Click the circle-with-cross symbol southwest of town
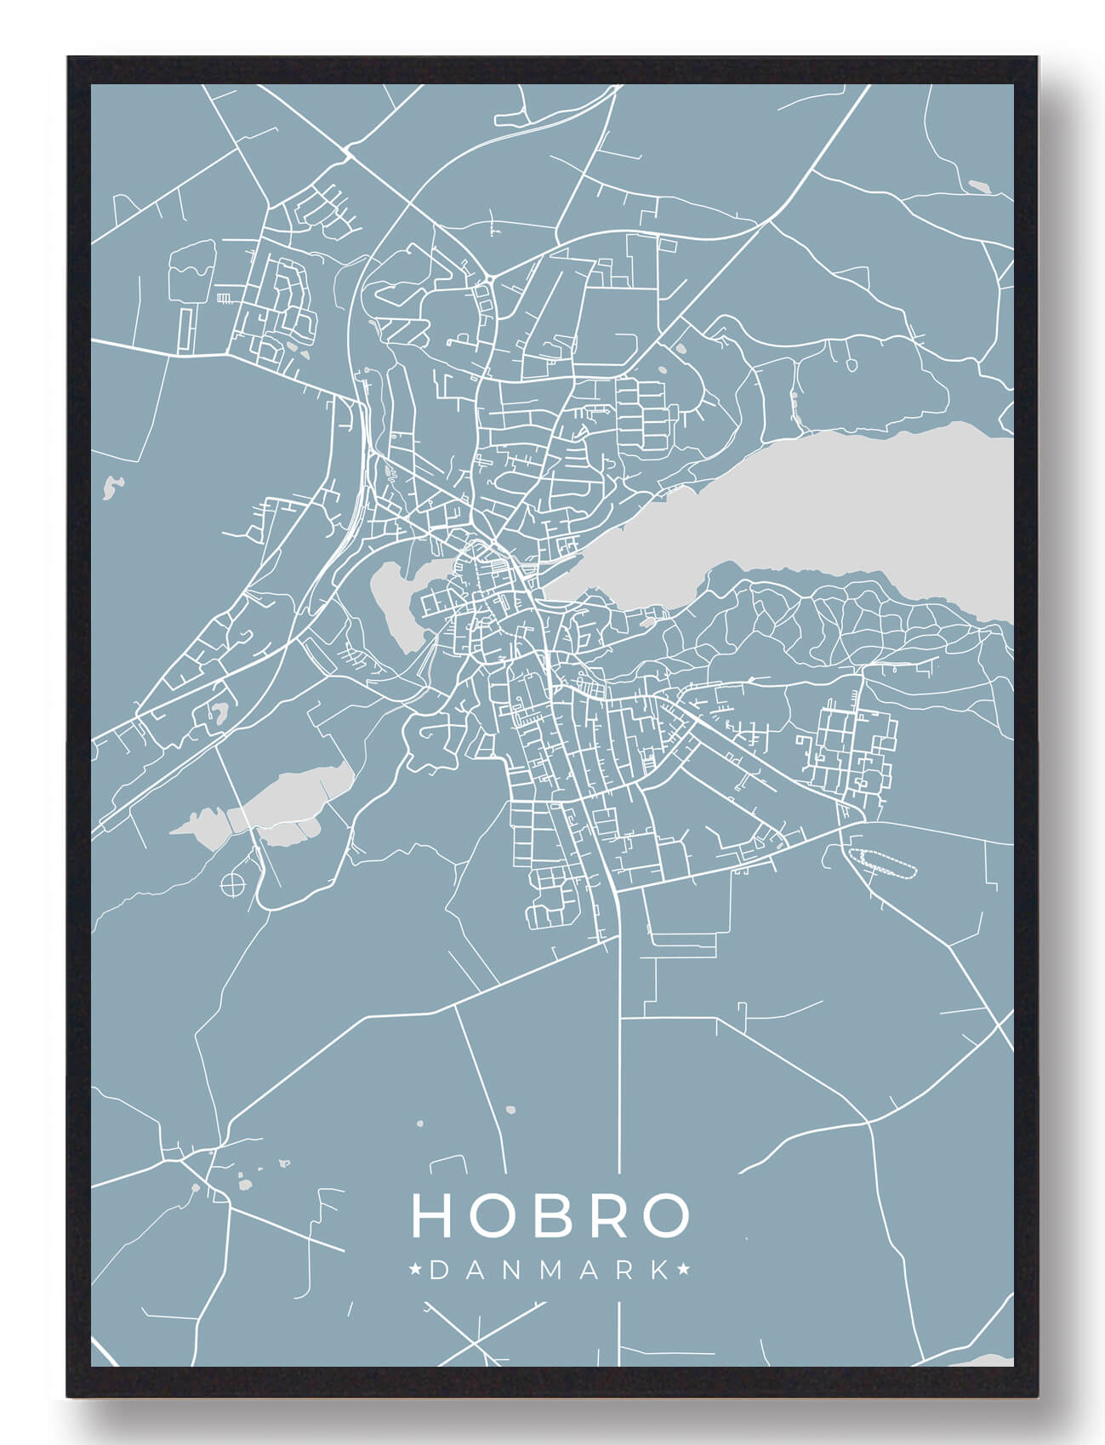[231, 886]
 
